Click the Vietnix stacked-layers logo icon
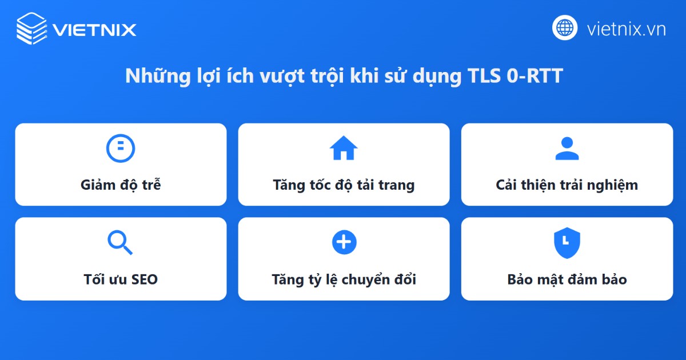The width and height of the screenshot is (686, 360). tap(31, 28)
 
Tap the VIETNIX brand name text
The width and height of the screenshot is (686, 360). tap(94, 29)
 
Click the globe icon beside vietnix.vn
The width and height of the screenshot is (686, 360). tap(565, 27)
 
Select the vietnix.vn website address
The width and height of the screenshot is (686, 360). tap(626, 29)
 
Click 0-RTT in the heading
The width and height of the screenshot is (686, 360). tap(535, 76)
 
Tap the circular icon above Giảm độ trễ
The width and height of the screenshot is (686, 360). tap(121, 149)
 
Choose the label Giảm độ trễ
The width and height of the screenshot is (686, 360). tap(121, 185)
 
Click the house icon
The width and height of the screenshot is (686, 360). tap(344, 149)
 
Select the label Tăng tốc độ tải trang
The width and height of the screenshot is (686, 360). tap(344, 185)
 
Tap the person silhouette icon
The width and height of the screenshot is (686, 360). tap(567, 149)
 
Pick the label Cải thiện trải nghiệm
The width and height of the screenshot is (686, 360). tap(567, 185)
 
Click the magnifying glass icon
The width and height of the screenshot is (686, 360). tap(120, 243)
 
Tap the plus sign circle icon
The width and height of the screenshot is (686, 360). tap(344, 242)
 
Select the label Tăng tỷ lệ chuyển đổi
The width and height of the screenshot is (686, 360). tap(344, 279)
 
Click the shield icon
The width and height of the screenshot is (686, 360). tap(567, 243)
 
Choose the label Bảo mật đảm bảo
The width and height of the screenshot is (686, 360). tap(567, 279)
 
